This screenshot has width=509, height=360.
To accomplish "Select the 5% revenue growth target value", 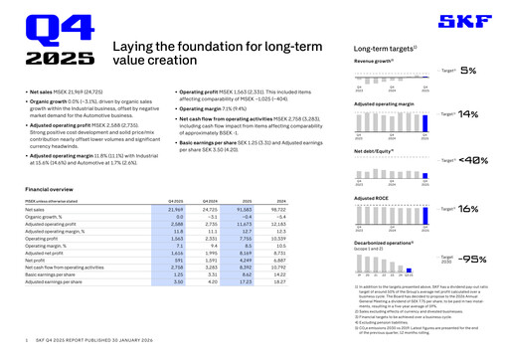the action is (x=468, y=71).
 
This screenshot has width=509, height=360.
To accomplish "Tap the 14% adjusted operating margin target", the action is (x=468, y=114).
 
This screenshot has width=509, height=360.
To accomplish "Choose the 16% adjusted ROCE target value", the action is (x=469, y=209).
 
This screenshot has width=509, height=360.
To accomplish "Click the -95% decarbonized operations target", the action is (x=473, y=258).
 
